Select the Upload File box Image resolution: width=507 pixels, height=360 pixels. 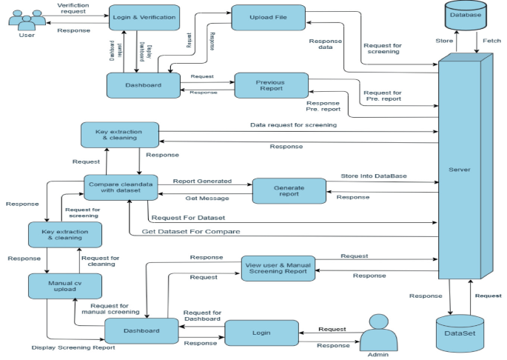tap(267, 17)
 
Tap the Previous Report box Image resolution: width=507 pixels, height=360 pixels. tap(271, 84)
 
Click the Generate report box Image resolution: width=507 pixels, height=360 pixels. tap(289, 190)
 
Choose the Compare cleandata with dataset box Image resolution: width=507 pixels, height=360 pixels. tap(121, 187)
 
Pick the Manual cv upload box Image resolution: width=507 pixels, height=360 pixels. tap(64, 286)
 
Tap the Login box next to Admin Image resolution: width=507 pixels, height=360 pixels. tap(261, 333)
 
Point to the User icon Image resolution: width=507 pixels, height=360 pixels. tap(26, 20)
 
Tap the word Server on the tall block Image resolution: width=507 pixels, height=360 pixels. tap(460, 170)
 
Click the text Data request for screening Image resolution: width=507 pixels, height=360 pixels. tap(293, 125)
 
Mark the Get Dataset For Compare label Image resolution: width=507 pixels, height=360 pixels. tap(191, 232)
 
